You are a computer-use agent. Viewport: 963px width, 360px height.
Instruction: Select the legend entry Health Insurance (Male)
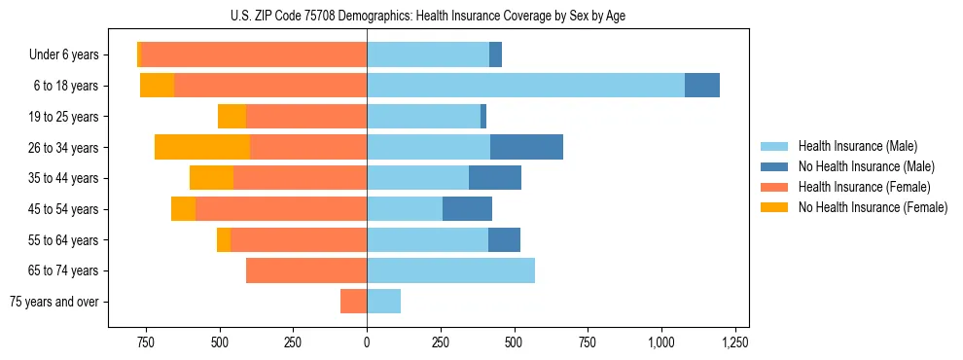(853, 146)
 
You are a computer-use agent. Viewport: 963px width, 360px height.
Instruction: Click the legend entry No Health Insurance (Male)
(862, 166)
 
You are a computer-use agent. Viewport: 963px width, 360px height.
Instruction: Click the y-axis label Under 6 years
(63, 54)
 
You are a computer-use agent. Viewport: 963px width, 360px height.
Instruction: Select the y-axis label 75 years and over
(53, 302)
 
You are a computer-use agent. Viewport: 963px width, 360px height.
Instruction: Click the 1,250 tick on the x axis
(734, 343)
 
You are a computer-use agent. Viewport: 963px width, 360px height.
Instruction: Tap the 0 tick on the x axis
(367, 343)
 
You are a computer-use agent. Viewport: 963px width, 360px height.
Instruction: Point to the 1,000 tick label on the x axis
(661, 343)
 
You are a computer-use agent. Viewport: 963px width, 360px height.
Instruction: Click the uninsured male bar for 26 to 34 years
(526, 148)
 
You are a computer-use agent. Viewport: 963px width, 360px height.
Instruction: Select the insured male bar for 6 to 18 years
(525, 86)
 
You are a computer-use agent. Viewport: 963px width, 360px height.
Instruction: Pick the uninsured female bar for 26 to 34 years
(202, 148)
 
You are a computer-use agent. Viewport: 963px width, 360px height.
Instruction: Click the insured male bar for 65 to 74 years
(450, 270)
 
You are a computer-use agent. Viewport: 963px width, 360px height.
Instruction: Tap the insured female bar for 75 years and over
(353, 302)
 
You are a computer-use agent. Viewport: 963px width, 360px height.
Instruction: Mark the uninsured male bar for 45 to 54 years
(467, 209)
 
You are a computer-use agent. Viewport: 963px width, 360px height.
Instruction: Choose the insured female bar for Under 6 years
(254, 54)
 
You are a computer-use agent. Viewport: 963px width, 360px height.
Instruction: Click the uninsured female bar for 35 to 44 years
(211, 178)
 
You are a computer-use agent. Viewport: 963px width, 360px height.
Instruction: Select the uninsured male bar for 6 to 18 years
(701, 86)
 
